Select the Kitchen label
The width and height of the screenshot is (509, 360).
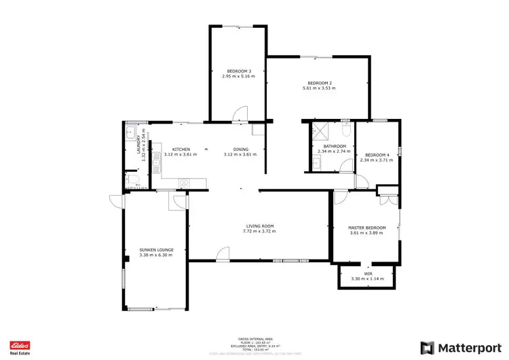[181, 149]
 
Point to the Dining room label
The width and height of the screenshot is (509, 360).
[240, 149]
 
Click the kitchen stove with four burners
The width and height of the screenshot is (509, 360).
[183, 182]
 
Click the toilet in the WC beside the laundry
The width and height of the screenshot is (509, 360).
[129, 180]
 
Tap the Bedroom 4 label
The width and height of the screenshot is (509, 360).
[377, 154]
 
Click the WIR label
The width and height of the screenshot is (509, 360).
[366, 273]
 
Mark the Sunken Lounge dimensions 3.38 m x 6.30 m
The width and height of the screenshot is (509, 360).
[155, 255]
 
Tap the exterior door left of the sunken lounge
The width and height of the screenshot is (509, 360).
[115, 200]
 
